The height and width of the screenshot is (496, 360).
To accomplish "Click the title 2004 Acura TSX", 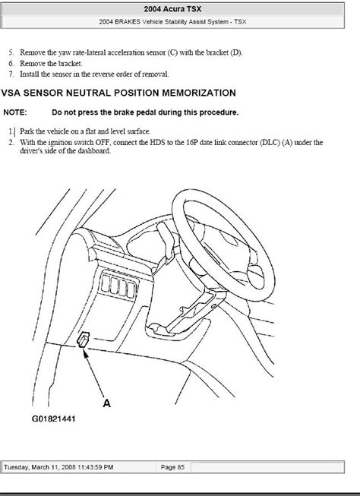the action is point(172,9).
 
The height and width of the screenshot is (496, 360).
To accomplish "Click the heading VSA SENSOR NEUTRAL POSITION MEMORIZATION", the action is point(118,93).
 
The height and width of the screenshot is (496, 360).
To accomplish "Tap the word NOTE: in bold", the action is point(15,112).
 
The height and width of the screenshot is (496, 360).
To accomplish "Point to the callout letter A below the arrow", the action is point(107,403).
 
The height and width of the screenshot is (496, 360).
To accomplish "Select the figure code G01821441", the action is point(53,419).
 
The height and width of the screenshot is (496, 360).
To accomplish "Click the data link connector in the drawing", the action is point(84,340).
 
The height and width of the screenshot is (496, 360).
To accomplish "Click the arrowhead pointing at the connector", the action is point(85,352).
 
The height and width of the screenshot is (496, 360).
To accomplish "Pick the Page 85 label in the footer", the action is point(172,467).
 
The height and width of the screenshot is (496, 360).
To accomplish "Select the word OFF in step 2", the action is point(103,142).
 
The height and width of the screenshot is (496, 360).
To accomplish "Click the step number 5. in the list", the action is point(11,52).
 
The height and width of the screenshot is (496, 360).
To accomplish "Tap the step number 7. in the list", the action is point(11,74).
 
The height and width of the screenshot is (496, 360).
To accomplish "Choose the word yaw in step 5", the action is point(65,53).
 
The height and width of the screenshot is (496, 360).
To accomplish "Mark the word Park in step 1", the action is point(26,131).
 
